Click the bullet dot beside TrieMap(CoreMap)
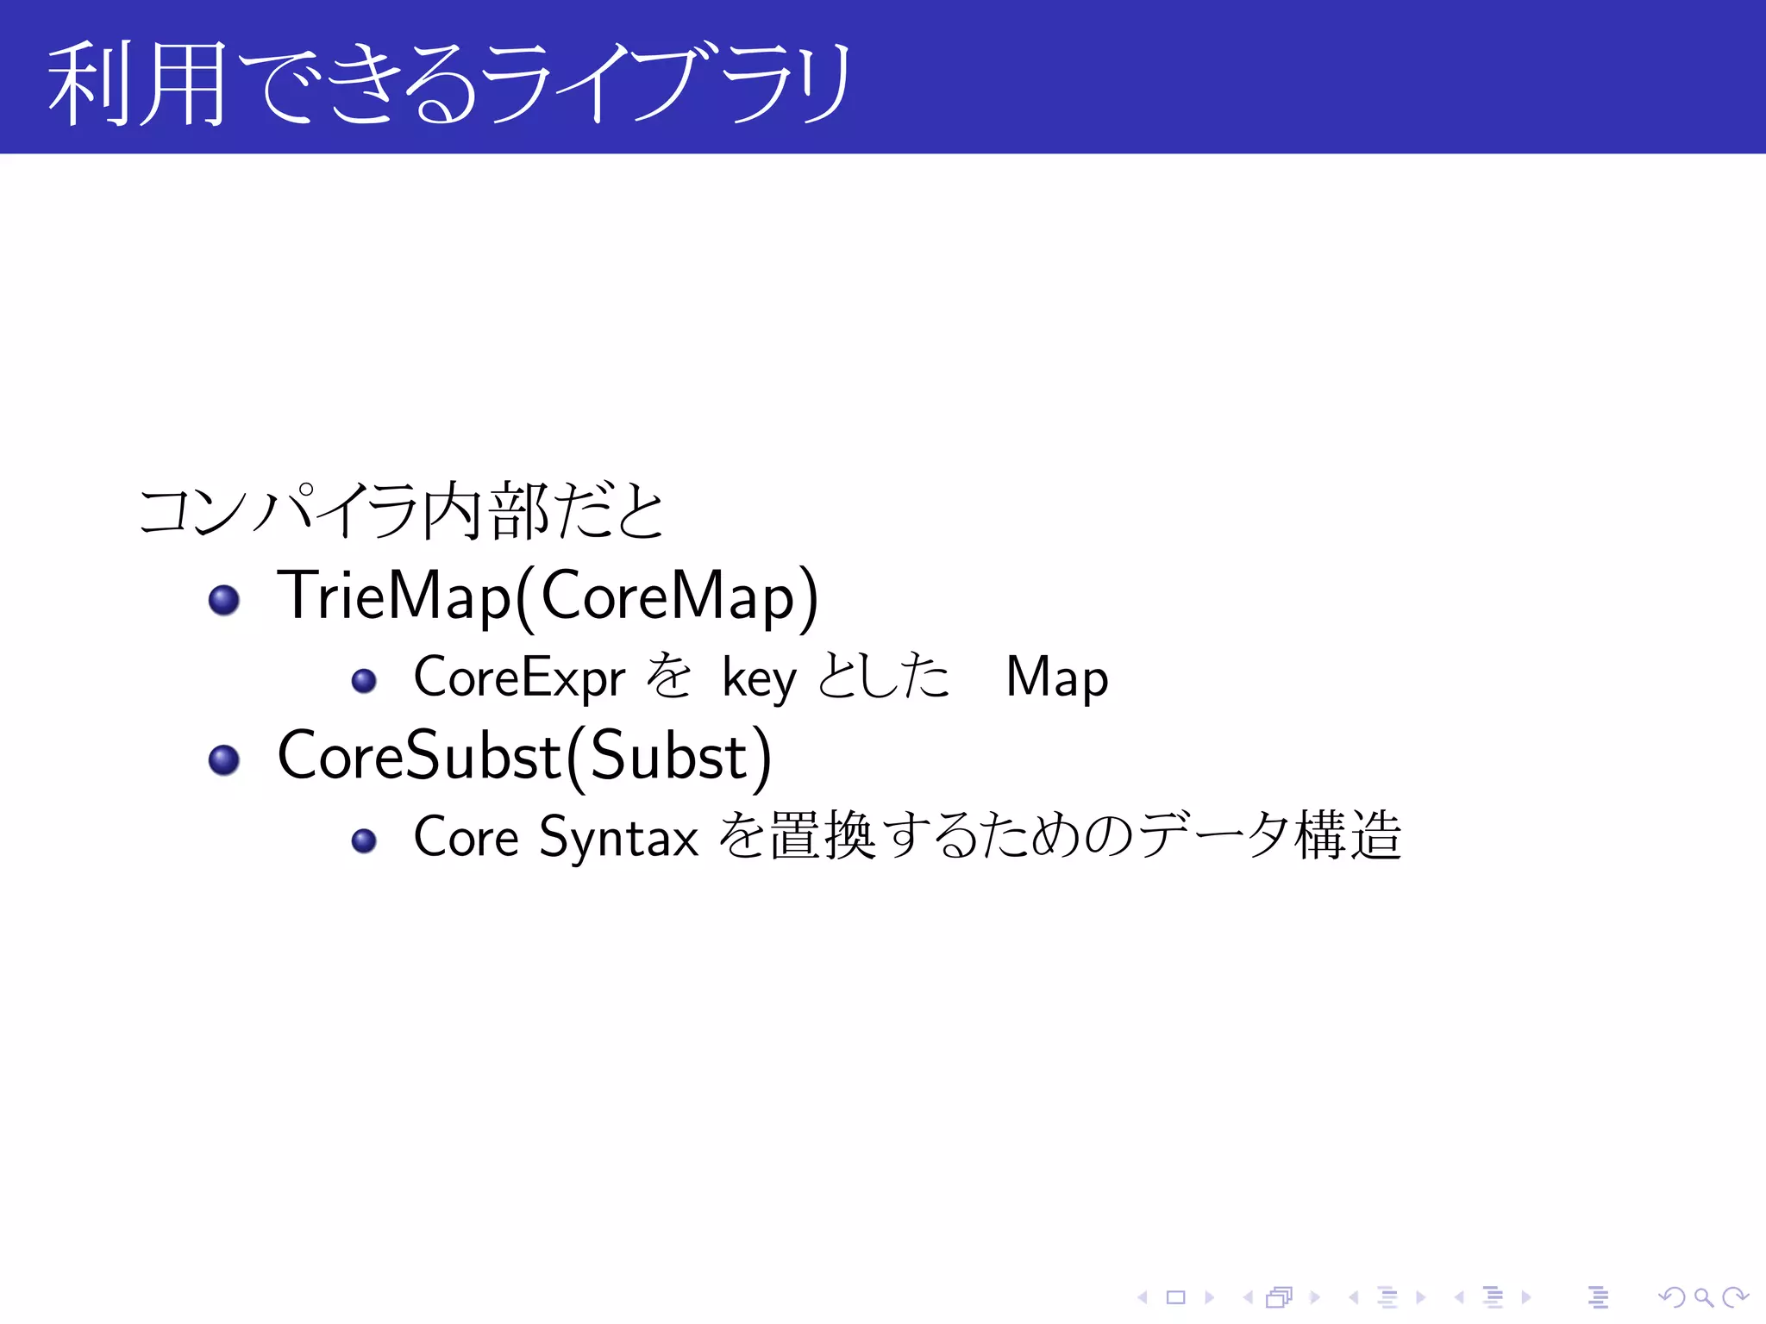(x=224, y=600)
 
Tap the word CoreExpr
(x=519, y=677)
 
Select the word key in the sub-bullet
(x=759, y=679)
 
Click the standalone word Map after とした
(x=1056, y=678)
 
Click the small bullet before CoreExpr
(x=364, y=681)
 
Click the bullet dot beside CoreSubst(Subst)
(x=224, y=759)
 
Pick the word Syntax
(x=618, y=838)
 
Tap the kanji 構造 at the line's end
(x=1348, y=835)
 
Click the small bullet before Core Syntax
(x=364, y=840)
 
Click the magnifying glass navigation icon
(x=1703, y=1297)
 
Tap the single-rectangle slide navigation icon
(x=1175, y=1297)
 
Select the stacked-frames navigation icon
(x=1280, y=1297)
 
